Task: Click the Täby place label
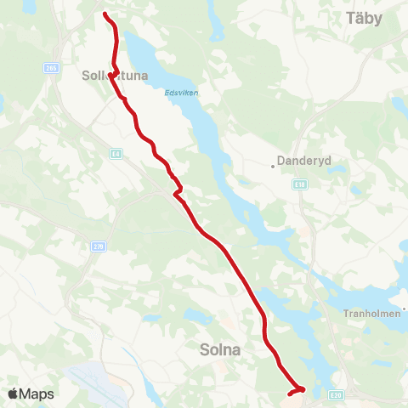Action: coord(371,17)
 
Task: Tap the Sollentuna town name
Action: coord(115,76)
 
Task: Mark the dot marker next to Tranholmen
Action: coord(405,309)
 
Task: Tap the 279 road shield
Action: coord(100,246)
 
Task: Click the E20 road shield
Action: coord(336,395)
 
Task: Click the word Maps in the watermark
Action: coord(37,394)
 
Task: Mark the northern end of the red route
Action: coord(105,14)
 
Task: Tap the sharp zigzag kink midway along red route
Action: coord(178,190)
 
